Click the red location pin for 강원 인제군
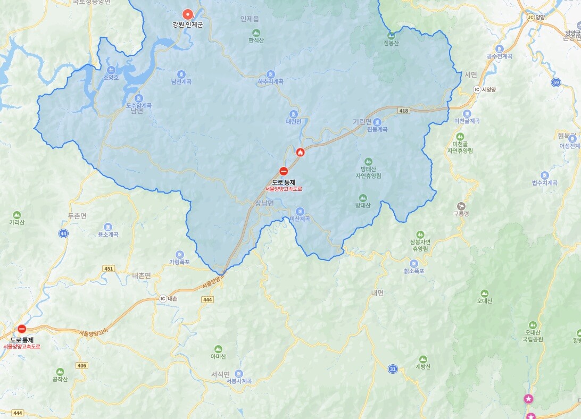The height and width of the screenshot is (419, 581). [x=187, y=14]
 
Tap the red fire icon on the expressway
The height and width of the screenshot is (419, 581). [x=301, y=153]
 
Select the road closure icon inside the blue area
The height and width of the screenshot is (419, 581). [x=284, y=171]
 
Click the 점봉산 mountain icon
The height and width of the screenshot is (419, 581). [x=391, y=36]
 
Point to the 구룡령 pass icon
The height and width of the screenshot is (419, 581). [x=461, y=206]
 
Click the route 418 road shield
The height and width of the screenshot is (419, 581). [x=403, y=110]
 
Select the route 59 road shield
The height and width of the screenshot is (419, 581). [x=556, y=82]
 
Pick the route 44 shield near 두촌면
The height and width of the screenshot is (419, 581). [x=64, y=233]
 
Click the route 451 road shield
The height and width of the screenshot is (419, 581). [x=109, y=269]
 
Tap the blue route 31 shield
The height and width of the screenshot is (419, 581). [x=393, y=369]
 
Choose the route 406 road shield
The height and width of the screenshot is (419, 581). [x=81, y=365]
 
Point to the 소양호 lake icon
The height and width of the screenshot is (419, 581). [x=111, y=70]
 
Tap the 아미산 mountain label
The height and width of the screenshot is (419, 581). [x=218, y=356]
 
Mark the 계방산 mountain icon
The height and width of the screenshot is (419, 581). [x=422, y=359]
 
